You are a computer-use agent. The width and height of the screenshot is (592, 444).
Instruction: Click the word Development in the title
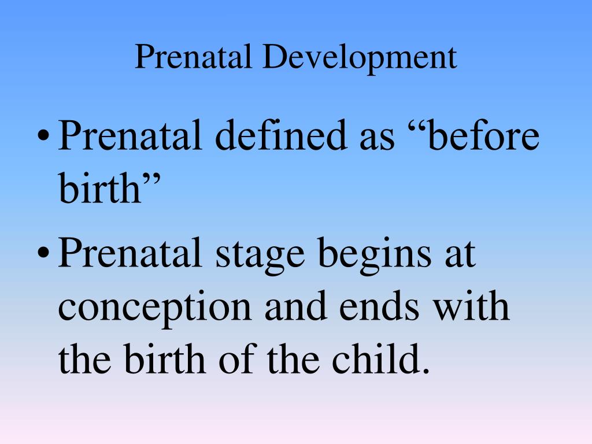coord(360,58)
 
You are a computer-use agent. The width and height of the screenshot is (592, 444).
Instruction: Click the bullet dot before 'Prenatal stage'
coord(44,252)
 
